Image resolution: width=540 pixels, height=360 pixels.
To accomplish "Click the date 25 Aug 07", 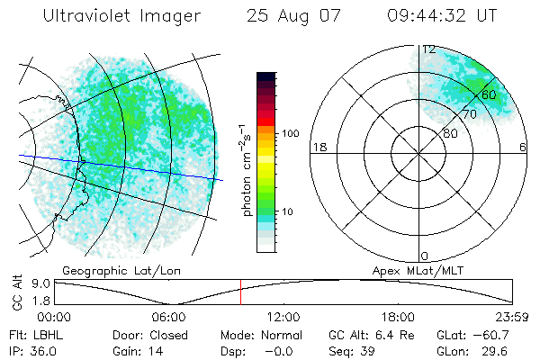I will click(287, 16).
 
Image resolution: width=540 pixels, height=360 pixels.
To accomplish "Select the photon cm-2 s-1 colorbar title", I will click(246, 171).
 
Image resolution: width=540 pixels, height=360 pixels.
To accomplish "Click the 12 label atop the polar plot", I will click(429, 49).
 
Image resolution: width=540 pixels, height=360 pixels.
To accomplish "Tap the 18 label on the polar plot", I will click(318, 147).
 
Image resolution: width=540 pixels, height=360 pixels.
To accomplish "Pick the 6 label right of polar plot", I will click(523, 147).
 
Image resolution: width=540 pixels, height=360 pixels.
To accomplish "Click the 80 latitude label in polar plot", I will click(448, 132).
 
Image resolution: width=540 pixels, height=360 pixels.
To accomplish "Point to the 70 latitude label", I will click(469, 114).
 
